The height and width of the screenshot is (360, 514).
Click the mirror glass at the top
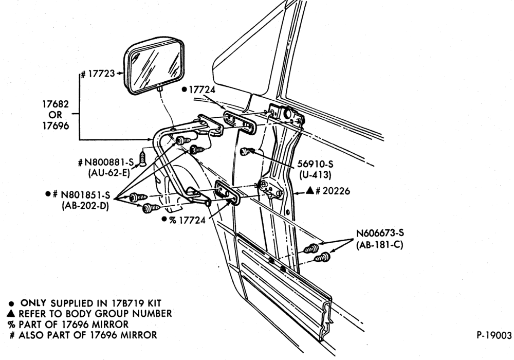155,65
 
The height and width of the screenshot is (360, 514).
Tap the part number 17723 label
98,74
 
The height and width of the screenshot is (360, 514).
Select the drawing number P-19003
494,335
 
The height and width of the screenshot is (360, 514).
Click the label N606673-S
380,233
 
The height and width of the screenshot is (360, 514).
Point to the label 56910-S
316,164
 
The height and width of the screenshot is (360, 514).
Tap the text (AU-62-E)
109,173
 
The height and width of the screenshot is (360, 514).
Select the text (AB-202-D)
85,206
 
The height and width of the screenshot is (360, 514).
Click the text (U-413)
316,175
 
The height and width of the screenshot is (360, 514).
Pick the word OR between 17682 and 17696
56,115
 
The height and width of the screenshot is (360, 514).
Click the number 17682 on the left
56,104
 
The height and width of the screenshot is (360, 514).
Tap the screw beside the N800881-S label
143,158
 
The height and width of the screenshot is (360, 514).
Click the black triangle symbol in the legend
11,313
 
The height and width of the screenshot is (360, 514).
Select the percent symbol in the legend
11,325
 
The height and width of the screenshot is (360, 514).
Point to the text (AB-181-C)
380,245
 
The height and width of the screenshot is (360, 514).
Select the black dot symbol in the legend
11,303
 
